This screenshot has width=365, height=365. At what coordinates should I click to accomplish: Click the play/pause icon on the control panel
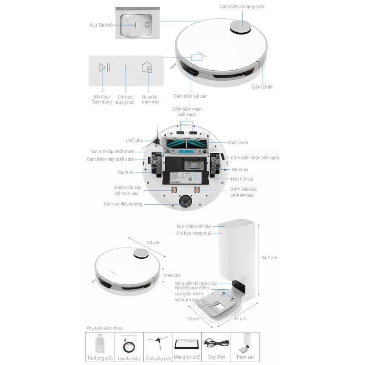104,67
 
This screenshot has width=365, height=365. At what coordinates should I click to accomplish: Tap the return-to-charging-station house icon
147,67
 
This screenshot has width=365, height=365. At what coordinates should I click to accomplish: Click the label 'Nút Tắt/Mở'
101,25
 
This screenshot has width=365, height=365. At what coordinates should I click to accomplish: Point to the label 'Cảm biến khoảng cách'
242,7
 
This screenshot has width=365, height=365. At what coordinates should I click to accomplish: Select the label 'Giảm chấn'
261,87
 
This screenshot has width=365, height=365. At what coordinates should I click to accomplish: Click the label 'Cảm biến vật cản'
190,96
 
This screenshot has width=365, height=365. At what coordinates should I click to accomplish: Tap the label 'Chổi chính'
238,142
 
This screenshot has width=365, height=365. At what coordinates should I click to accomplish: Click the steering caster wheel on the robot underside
186,201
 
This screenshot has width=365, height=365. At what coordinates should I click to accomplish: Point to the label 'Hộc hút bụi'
242,179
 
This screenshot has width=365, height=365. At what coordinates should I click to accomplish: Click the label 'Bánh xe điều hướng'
123,204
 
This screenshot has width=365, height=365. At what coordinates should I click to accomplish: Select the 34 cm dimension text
153,243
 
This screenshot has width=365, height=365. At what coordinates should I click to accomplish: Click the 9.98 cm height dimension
172,275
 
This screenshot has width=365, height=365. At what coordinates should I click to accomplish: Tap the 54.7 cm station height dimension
269,258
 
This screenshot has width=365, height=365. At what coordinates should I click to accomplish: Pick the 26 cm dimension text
193,318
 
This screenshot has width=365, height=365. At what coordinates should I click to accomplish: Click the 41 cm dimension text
240,318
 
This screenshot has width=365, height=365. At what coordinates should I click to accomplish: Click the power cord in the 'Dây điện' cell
216,343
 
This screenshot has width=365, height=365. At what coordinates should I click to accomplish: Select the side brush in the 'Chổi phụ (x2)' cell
158,342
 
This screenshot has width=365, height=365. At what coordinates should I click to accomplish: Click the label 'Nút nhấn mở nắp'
193,226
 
